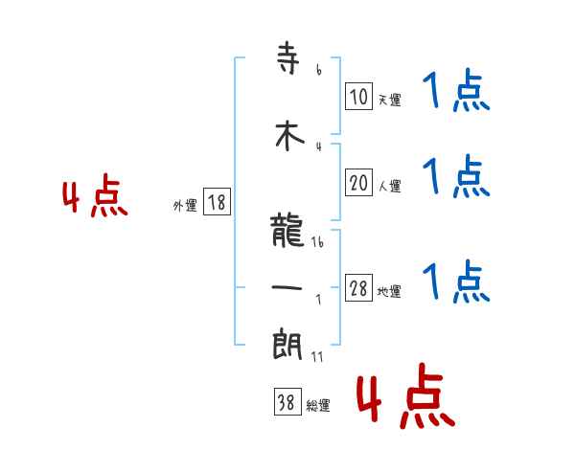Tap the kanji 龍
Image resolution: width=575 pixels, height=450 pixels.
288,231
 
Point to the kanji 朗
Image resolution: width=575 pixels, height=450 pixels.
288,343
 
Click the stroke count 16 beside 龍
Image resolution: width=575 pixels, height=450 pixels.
317,243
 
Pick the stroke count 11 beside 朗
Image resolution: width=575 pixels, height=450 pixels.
317,356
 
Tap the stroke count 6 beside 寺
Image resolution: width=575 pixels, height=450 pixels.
318,70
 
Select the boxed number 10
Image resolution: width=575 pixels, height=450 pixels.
358,97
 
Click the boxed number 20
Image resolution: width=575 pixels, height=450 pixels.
358,183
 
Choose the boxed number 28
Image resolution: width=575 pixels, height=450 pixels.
358,289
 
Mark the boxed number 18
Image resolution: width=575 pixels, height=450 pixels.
217,202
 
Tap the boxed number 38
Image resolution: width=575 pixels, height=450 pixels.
286,403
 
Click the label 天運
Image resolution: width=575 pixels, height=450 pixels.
389,100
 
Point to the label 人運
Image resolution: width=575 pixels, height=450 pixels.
389,186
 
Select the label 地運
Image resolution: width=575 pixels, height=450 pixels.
389,292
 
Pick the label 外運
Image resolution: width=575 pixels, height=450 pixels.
184,205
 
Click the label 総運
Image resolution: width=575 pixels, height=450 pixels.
317,406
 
